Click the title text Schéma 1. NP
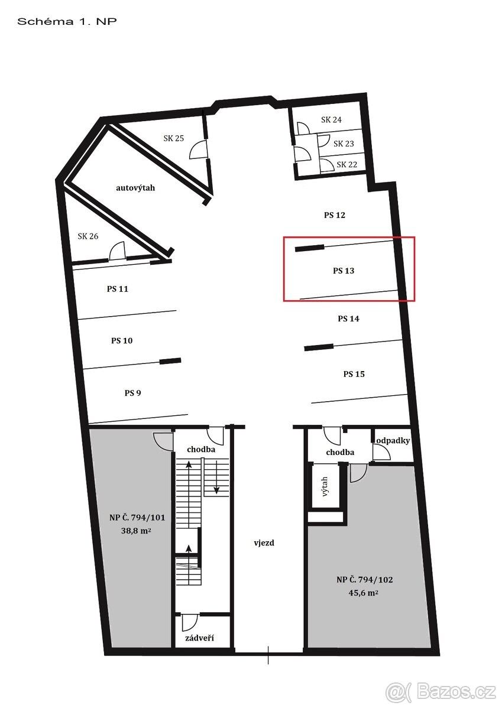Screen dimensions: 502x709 pyautogui.click(x=67, y=21)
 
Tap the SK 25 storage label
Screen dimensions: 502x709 pyautogui.click(x=174, y=138)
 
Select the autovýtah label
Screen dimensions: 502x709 pyautogui.click(x=135, y=188)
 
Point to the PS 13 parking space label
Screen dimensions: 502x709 pyautogui.click(x=344, y=271)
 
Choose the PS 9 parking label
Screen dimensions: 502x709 pyautogui.click(x=132, y=393)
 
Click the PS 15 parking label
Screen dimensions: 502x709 pyautogui.click(x=354, y=374)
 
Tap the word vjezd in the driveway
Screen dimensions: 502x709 pyautogui.click(x=264, y=543)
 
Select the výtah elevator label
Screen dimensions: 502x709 pyautogui.click(x=325, y=486)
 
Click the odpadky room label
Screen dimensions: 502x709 pyautogui.click(x=393, y=440)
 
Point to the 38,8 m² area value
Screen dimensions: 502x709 pyautogui.click(x=136, y=531)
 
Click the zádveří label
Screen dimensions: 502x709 pyautogui.click(x=199, y=638)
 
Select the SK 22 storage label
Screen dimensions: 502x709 pyautogui.click(x=347, y=165)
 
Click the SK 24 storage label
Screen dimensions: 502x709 pyautogui.click(x=331, y=119)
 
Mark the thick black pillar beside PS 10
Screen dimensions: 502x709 pyautogui.click(x=170, y=361)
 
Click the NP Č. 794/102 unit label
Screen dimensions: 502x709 pyautogui.click(x=365, y=580)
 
